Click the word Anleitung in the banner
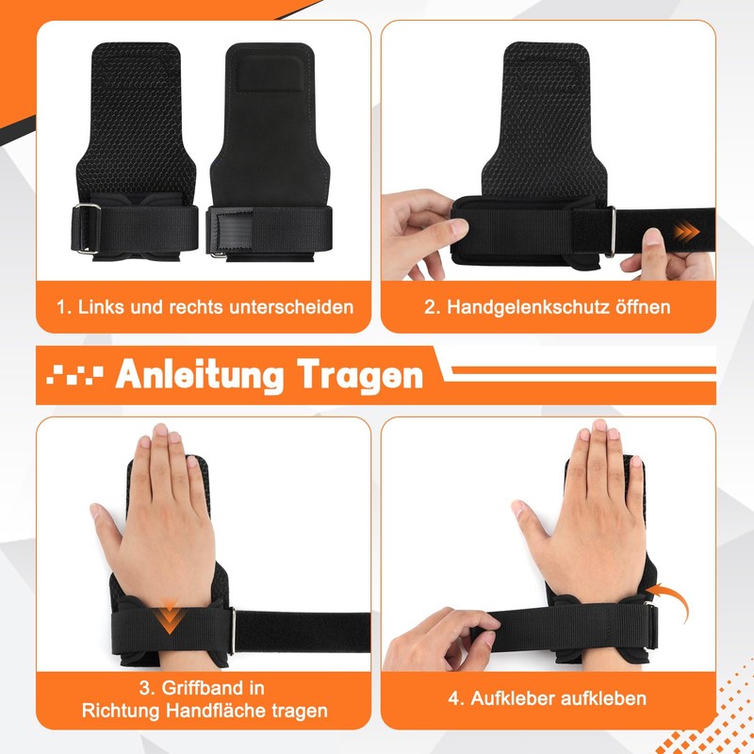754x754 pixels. click(199, 374)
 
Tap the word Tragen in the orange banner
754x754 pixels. click(360, 375)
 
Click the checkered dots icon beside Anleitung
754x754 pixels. click(74, 375)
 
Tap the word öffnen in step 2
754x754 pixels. click(644, 307)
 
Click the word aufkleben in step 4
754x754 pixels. click(602, 698)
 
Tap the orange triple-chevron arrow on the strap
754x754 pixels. click(686, 232)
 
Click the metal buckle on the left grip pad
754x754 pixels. click(87, 228)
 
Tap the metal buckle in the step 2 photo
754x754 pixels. click(610, 231)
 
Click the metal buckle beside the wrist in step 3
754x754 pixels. click(232, 631)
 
